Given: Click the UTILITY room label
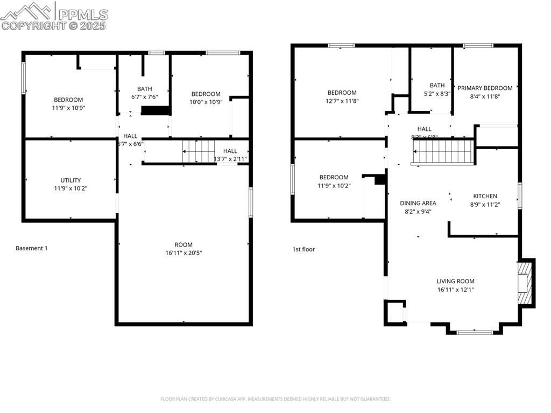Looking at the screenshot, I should [x=70, y=180].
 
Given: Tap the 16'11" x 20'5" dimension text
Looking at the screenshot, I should [x=183, y=253].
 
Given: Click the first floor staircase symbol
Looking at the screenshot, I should [x=443, y=152].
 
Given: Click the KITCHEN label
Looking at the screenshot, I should [x=485, y=196].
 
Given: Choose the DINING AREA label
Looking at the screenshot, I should [x=418, y=203].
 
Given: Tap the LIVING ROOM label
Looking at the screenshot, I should [x=455, y=281].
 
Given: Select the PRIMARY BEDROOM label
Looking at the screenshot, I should [x=485, y=88].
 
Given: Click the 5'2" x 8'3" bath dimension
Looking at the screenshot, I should [x=437, y=93].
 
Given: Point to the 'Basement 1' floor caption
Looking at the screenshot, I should [x=32, y=248].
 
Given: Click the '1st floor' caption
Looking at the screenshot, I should [x=303, y=249].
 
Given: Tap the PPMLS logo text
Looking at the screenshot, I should [x=82, y=15].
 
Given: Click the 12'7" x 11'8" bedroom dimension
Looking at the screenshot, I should [x=342, y=101].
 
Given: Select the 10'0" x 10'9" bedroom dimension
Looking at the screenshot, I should [x=206, y=102].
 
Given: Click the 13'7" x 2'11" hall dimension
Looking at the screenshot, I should [x=230, y=159].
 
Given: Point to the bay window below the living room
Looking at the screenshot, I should [x=474, y=332].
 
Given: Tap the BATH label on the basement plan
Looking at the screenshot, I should [x=144, y=89].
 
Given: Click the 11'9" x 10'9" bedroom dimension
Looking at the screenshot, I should [x=68, y=108].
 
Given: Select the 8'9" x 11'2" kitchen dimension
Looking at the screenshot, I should [x=485, y=204].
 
